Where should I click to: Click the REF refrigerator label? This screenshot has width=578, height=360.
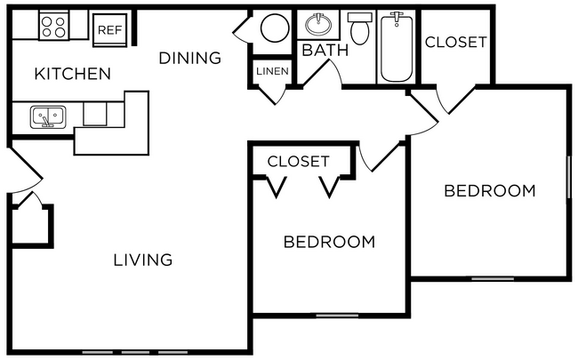pyautogui.click(x=109, y=29)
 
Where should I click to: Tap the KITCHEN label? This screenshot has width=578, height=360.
pyautogui.click(x=72, y=74)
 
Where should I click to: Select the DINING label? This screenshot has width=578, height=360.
pyautogui.click(x=189, y=59)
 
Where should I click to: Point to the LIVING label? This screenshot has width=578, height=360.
pyautogui.click(x=142, y=260)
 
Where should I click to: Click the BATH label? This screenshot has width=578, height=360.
pyautogui.click(x=325, y=50)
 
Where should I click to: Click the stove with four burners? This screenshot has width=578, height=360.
pyautogui.click(x=52, y=26)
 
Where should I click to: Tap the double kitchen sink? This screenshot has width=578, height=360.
pyautogui.click(x=47, y=116)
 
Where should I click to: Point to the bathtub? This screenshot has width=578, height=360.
pyautogui.click(x=397, y=46)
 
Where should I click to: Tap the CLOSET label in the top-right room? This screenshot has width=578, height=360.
pyautogui.click(x=455, y=42)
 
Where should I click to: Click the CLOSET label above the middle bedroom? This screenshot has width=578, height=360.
pyautogui.click(x=298, y=161)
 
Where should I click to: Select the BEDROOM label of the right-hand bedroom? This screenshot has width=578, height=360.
pyautogui.click(x=490, y=190)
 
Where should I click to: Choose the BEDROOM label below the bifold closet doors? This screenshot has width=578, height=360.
pyautogui.click(x=328, y=241)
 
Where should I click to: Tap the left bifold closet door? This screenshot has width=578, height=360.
pyautogui.click(x=277, y=188)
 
